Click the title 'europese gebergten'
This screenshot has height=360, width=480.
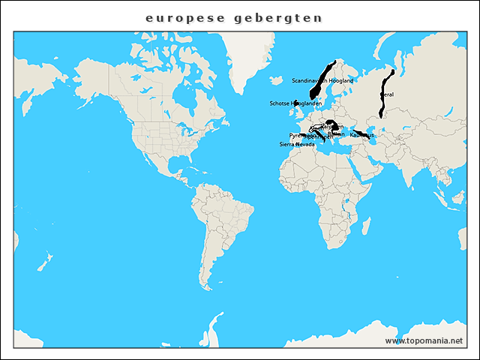pos(234,17)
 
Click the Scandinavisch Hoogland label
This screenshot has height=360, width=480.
pos(322,79)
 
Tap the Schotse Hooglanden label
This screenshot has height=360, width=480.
pos(295,103)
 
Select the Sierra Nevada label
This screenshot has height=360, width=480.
pos(297,144)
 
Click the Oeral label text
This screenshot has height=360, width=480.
pos(387,94)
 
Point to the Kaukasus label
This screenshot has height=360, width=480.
pos(361,135)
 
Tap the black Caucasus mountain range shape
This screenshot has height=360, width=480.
pos(363,135)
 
